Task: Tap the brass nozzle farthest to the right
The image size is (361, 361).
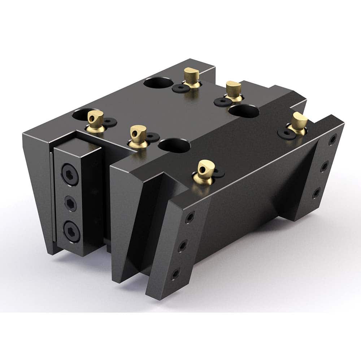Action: click(299, 123)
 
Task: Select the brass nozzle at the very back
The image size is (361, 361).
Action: click(191, 77)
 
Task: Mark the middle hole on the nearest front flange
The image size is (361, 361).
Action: click(183, 247)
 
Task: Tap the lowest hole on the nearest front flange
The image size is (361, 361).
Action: click(175, 274)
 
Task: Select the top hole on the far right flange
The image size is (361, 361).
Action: click(332, 139)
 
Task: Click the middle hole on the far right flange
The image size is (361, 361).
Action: click(324, 166)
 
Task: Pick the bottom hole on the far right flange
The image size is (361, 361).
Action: click(316, 192)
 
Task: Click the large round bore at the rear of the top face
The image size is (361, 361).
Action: click(157, 83)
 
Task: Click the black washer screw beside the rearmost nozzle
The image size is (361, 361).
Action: click(179, 88)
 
